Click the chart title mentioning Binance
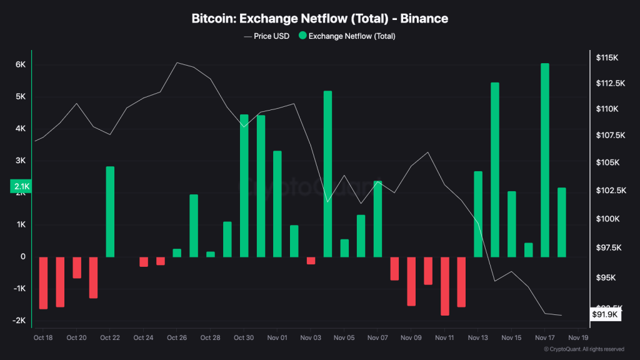[x=319, y=19]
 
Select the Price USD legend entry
[x=266, y=36]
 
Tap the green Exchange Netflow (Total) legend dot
[x=302, y=36]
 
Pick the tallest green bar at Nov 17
[x=545, y=160]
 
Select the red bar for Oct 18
[x=43, y=282]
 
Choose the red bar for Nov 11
[x=444, y=286]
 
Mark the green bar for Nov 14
[x=495, y=169]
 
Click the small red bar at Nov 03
[x=311, y=261]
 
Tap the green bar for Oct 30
[x=244, y=186]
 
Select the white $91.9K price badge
[x=606, y=315]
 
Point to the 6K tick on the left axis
[x=20, y=64]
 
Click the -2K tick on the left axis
[x=19, y=321]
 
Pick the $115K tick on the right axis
[x=607, y=57]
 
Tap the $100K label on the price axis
[x=607, y=219]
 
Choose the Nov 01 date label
[x=277, y=337]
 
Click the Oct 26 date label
[x=177, y=337]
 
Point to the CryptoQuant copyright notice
[x=584, y=349]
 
